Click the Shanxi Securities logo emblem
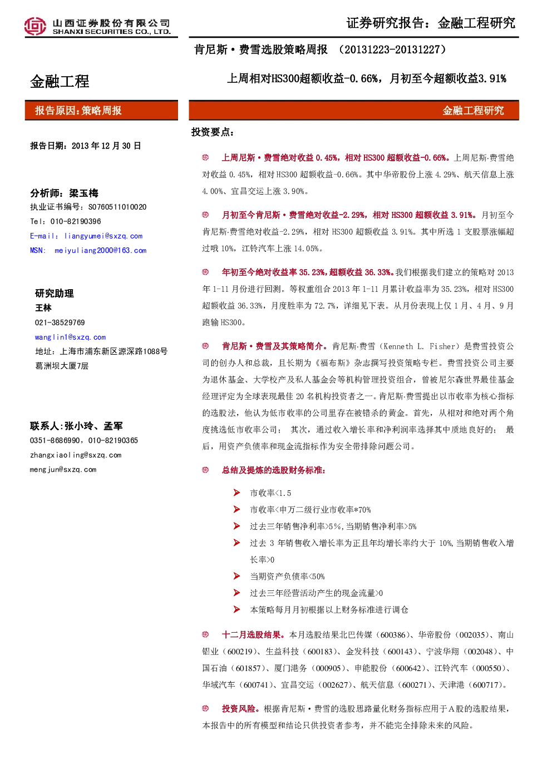click(35, 26)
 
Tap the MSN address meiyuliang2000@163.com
click(100, 250)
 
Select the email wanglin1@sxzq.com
click(71, 337)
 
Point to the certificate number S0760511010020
click(117, 207)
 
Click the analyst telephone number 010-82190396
click(76, 221)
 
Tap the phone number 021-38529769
click(60, 322)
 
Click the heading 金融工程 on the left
click(60, 82)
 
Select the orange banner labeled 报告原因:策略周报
click(101, 111)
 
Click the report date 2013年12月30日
click(106, 146)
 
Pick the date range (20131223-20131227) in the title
click(392, 50)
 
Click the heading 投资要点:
click(212, 132)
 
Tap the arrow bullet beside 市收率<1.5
click(236, 493)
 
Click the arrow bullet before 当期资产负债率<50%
click(236, 576)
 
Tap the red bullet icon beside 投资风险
click(205, 708)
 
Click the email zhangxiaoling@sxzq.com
click(76, 455)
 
